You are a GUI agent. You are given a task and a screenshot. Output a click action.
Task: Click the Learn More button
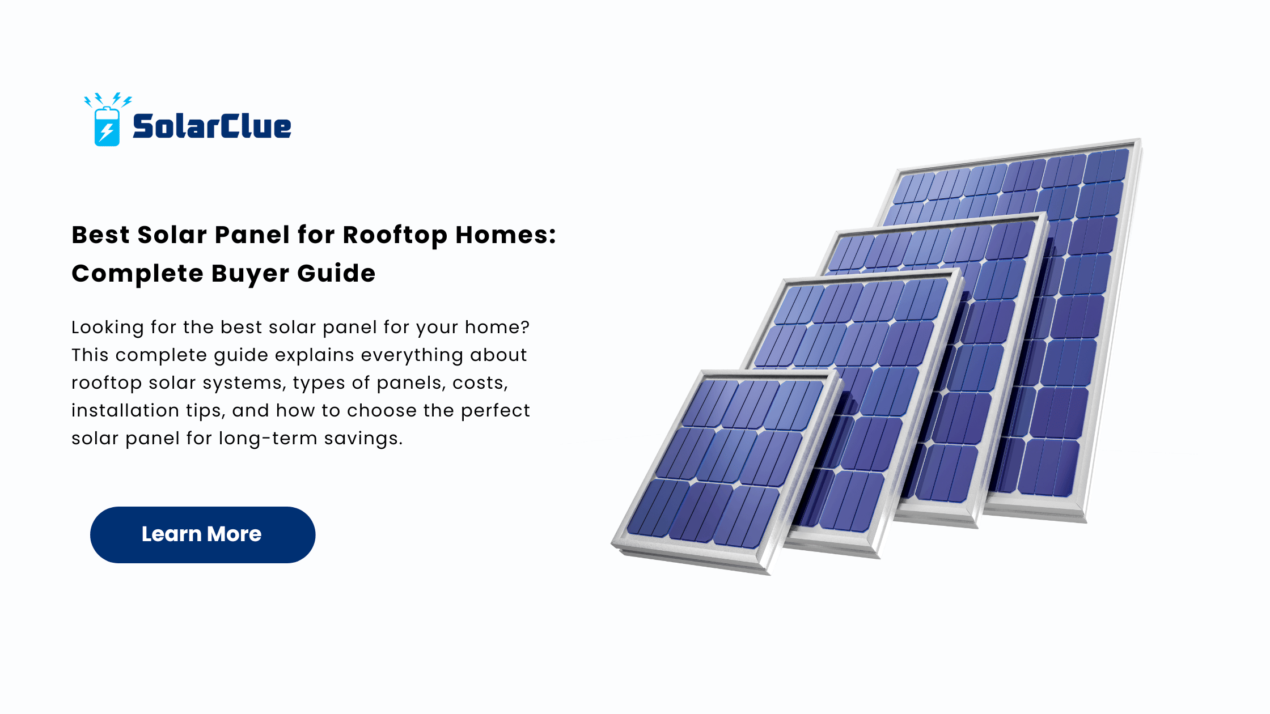pos(202,534)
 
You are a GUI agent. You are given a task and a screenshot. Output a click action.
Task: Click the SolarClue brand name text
pos(212,126)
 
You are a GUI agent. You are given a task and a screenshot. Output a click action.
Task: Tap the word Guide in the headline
pos(336,273)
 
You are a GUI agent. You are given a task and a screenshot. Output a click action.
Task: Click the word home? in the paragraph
pos(497,327)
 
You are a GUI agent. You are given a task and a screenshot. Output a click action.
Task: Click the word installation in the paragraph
pos(125,410)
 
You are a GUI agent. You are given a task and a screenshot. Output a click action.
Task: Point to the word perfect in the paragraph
pos(495,411)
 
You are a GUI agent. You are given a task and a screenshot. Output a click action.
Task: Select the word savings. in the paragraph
pos(363,439)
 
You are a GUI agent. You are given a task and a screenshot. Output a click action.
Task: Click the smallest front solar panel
pos(726,470)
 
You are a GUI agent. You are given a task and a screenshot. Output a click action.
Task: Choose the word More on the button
pos(234,534)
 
